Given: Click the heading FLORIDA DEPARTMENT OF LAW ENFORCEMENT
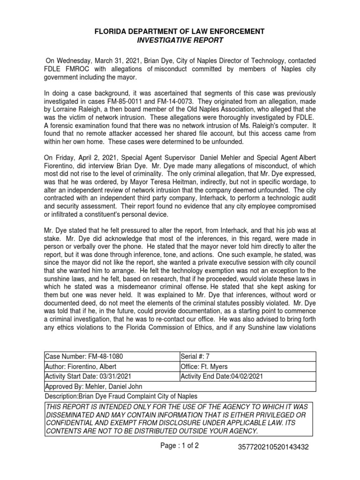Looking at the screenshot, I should (x=180, y=31).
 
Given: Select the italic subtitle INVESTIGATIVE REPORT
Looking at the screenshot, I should (x=180, y=40).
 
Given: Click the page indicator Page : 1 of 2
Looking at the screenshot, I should (x=180, y=446).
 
